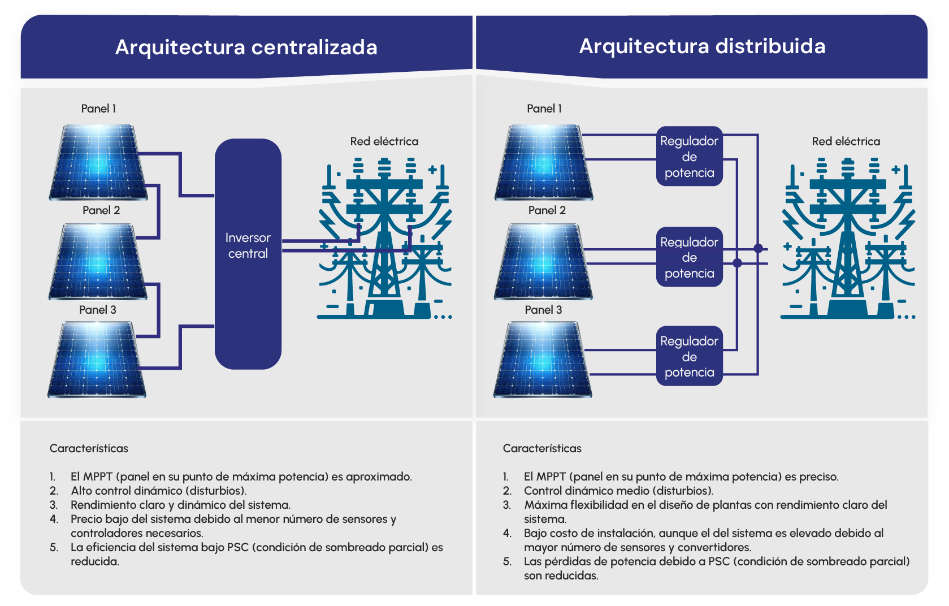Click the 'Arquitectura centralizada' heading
pos(246,47)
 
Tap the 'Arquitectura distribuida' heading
pos(702,46)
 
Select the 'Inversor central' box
pos(248,254)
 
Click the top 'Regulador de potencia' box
pos(690,157)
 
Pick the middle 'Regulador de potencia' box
pos(690,257)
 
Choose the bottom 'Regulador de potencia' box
pos(690,356)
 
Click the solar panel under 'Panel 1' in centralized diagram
pos(98,162)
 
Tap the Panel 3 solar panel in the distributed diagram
pos(543,359)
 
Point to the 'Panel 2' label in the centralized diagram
pos(101,211)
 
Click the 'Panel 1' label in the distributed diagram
pos(544,109)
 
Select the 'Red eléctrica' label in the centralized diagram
pos(384,141)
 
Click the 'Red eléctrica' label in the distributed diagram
pos(846,141)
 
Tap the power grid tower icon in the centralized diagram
pos(384,238)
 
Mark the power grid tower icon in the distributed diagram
pos(847,238)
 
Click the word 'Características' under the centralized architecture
pos(89,448)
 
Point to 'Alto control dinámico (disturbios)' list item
pos(158,491)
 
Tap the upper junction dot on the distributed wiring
pos(759,248)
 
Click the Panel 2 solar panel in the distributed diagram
pos(543,262)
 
